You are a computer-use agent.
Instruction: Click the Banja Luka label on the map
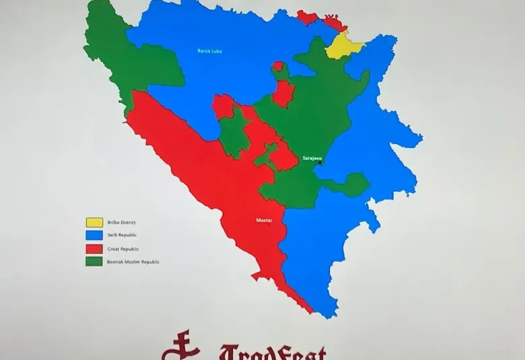209,50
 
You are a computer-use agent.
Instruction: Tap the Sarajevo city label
312,158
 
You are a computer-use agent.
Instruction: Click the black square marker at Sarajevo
319,162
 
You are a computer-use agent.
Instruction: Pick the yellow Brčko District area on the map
342,47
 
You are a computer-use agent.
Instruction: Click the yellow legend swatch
94,221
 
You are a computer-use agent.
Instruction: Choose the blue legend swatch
94,235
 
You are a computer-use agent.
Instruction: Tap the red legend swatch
94,248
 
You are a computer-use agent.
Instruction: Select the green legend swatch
94,261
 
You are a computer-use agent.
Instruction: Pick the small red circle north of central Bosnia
277,66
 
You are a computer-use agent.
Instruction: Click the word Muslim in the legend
141,262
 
